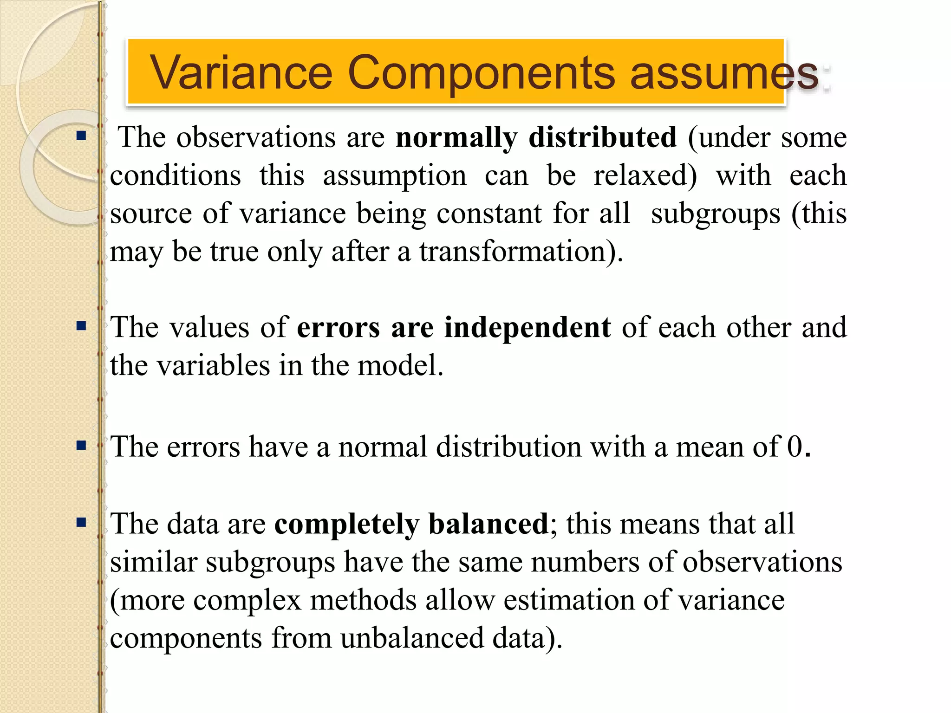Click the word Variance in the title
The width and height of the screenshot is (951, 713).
(x=241, y=72)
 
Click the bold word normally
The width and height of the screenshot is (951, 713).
(x=456, y=138)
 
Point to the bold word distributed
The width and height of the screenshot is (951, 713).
(x=602, y=138)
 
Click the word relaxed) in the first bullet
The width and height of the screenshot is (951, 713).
(x=645, y=176)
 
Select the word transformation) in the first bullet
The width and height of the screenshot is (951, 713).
(x=521, y=252)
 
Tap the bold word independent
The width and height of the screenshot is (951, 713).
(x=527, y=328)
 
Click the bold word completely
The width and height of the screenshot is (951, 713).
(x=346, y=525)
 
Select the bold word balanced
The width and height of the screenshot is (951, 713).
(x=488, y=525)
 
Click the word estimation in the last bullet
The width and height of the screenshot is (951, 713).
(x=569, y=601)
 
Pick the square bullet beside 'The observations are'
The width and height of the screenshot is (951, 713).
(x=82, y=136)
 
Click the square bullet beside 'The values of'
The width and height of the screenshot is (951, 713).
(x=82, y=326)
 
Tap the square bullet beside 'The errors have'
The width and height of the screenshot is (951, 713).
(x=82, y=446)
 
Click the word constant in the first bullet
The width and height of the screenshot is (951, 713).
(x=489, y=214)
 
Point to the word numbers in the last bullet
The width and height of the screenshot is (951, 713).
(x=585, y=563)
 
